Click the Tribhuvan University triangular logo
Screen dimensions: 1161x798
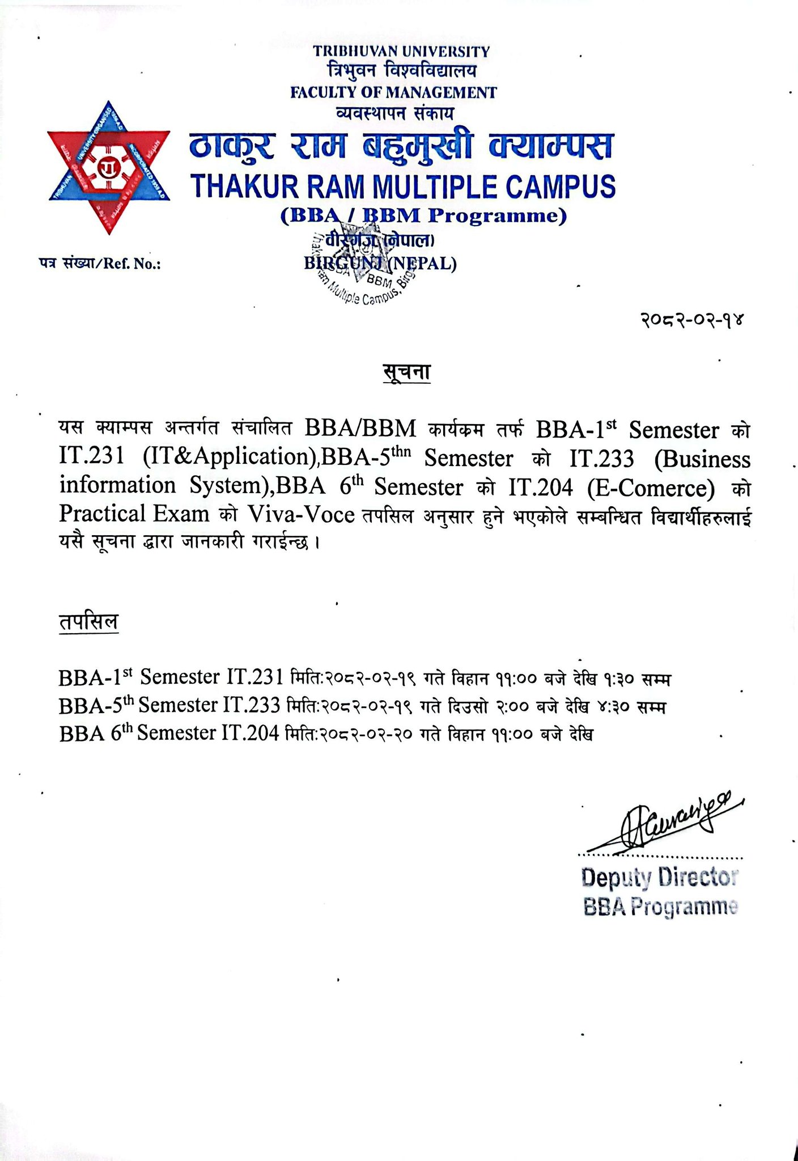[109, 168]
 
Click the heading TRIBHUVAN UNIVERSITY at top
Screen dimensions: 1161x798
[402, 52]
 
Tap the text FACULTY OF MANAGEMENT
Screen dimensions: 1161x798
[393, 92]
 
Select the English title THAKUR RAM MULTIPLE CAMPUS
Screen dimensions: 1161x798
[403, 187]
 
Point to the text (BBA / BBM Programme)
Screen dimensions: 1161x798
[424, 216]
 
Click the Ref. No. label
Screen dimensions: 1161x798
[100, 264]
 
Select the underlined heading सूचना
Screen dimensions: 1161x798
[406, 372]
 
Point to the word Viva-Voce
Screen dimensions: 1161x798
[301, 514]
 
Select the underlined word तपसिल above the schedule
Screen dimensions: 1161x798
[88, 622]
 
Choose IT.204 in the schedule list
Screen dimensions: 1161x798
[251, 734]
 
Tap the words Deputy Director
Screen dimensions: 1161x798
[659, 878]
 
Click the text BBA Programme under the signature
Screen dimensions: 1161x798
[660, 908]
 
